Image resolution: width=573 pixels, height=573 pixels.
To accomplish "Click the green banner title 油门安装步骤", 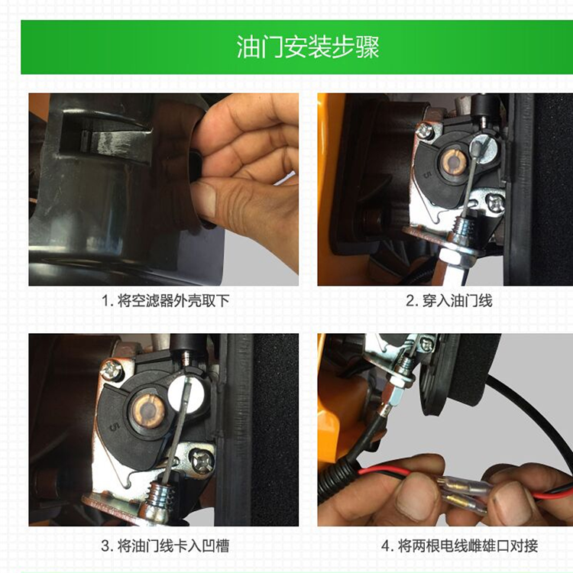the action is (x=308, y=47).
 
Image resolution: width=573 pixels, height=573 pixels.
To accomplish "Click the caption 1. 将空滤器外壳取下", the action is (x=165, y=301).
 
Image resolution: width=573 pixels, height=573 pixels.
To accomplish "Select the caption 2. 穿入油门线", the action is (x=449, y=301).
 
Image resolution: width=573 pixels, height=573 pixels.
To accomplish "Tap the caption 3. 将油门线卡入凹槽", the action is (x=165, y=546).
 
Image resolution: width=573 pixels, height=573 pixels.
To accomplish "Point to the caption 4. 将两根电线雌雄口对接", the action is (x=459, y=546).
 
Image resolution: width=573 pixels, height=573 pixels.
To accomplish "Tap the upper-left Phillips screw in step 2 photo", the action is (x=424, y=130).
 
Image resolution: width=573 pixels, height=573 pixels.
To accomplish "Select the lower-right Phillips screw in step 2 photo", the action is (x=495, y=203).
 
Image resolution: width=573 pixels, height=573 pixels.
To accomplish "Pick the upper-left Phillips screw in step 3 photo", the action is (x=112, y=371).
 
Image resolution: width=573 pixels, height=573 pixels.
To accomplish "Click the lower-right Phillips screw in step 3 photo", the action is (x=201, y=461).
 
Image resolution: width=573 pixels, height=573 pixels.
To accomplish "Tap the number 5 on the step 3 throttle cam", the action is (x=115, y=428).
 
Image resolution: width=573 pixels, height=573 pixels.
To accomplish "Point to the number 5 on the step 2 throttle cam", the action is (x=427, y=174).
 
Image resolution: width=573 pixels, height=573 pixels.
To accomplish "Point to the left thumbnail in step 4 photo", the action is (x=412, y=498).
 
